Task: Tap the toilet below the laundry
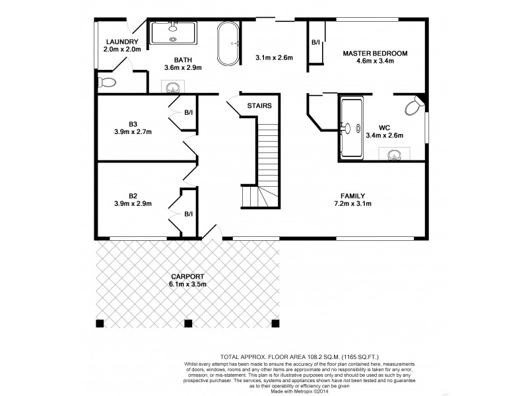click(106, 82)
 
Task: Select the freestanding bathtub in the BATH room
click(230, 44)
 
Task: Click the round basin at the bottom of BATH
click(173, 86)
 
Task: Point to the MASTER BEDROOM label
click(374, 53)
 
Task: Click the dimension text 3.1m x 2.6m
click(274, 58)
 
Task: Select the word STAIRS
click(259, 106)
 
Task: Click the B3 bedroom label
click(133, 123)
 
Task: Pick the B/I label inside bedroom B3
click(189, 112)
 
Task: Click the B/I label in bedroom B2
click(189, 214)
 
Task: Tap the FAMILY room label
click(353, 195)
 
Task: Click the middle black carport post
click(187, 323)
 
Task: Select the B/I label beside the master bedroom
click(315, 44)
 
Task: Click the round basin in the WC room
click(394, 155)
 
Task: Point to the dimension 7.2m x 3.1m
click(353, 203)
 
